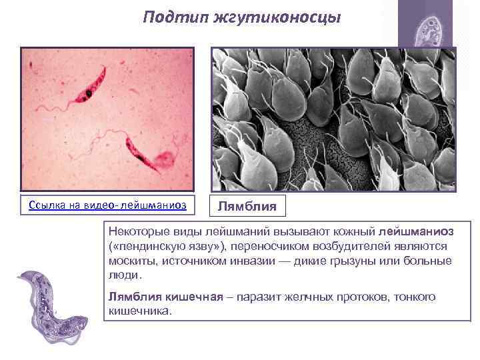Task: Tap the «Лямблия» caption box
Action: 247,205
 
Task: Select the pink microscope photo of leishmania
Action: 107,119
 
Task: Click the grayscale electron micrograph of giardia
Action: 333,119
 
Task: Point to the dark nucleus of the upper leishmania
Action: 89,95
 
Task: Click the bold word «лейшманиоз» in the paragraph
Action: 416,231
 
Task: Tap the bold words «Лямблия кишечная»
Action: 165,297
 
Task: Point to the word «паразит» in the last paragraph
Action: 259,297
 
